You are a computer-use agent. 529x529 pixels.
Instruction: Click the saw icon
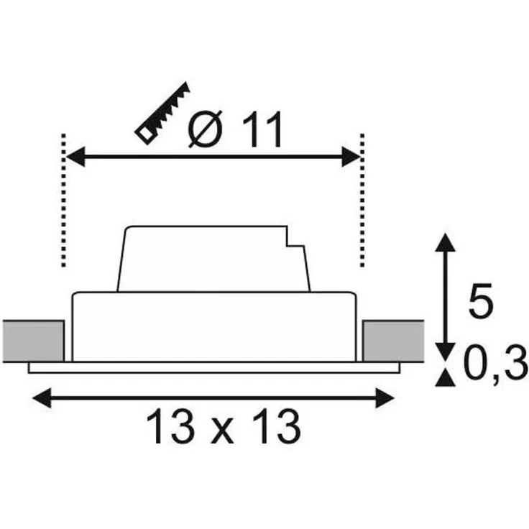[162, 113]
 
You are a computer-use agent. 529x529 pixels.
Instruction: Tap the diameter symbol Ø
[205, 129]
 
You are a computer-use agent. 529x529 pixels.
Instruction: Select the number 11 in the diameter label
[262, 129]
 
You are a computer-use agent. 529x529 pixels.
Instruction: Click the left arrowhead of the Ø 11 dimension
[75, 157]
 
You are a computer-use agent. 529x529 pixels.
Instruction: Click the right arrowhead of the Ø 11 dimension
[351, 157]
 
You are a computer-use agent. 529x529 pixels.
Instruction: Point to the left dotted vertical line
[63, 201]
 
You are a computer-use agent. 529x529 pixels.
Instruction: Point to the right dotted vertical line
[362, 201]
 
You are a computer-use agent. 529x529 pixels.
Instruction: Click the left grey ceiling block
[33, 341]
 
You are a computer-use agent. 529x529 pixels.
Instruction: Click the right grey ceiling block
[393, 341]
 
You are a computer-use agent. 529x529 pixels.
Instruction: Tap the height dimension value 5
[481, 300]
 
